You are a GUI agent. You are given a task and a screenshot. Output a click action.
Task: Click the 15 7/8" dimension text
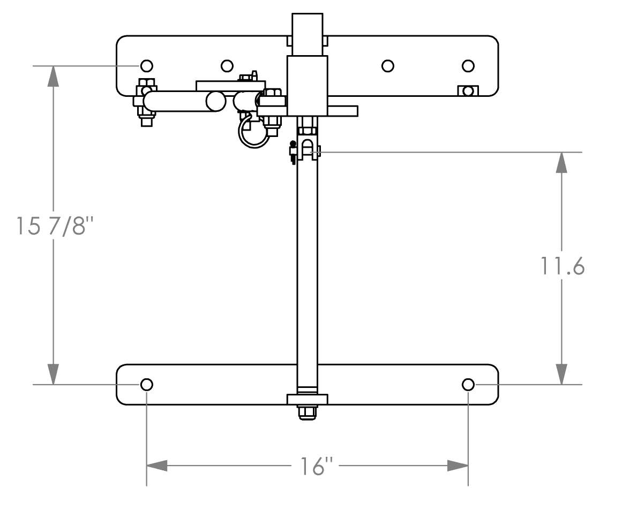tap(55, 225)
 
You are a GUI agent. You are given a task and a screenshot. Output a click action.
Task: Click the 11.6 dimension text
tap(563, 266)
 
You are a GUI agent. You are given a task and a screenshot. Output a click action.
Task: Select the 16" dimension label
tap(316, 466)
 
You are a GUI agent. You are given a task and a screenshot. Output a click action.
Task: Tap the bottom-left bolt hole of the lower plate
tap(147, 384)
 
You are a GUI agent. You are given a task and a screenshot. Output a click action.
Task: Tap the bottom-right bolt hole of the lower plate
tap(468, 384)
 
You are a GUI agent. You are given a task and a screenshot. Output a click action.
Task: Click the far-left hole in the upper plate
tap(147, 65)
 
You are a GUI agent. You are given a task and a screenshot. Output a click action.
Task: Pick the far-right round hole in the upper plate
tap(468, 66)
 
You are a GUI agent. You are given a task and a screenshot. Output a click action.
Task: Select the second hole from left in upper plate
tap(227, 66)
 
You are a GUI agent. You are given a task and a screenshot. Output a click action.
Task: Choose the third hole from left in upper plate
tap(387, 66)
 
